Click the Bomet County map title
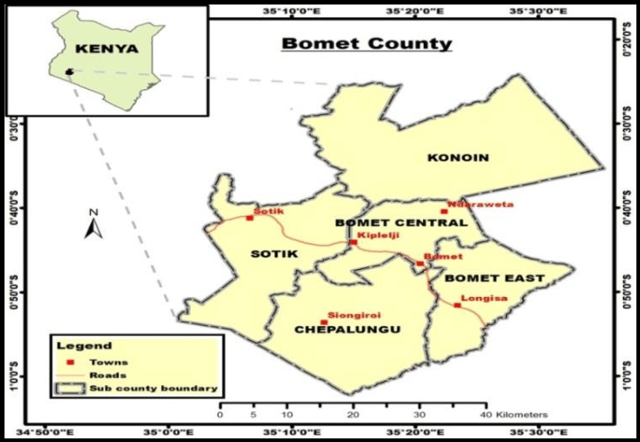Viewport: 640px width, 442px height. (366, 43)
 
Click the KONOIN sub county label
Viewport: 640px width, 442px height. (458, 158)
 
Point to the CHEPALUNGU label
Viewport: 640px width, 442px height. (347, 330)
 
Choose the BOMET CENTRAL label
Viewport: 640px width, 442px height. (401, 222)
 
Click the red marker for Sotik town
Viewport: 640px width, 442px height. (249, 218)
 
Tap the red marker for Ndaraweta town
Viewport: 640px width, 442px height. (443, 212)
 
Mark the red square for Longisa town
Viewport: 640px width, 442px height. (456, 305)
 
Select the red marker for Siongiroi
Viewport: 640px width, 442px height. (324, 321)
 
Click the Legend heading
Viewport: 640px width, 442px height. (84, 345)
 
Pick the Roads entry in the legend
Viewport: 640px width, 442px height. (107, 375)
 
